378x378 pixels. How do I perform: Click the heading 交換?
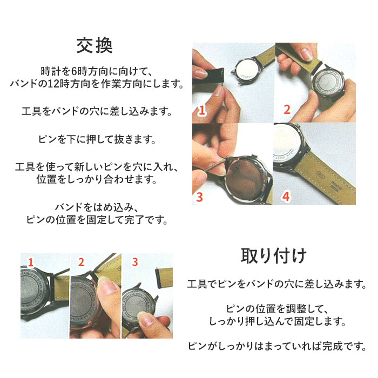click(x=94, y=45)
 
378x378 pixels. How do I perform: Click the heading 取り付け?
click(x=273, y=254)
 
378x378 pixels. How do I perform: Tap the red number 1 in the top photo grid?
click(x=201, y=111)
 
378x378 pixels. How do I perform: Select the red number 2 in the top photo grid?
click(x=287, y=110)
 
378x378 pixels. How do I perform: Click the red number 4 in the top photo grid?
click(x=285, y=196)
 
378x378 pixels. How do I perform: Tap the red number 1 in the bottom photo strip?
click(x=30, y=262)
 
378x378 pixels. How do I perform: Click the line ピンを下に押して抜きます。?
click(x=94, y=140)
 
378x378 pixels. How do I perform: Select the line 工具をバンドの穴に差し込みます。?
click(x=94, y=112)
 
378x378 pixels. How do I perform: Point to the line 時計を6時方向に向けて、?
click(x=94, y=71)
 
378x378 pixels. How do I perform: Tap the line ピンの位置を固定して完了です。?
click(x=94, y=220)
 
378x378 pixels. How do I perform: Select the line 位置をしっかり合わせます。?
click(x=94, y=180)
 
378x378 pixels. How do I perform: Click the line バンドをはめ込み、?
click(x=94, y=207)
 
